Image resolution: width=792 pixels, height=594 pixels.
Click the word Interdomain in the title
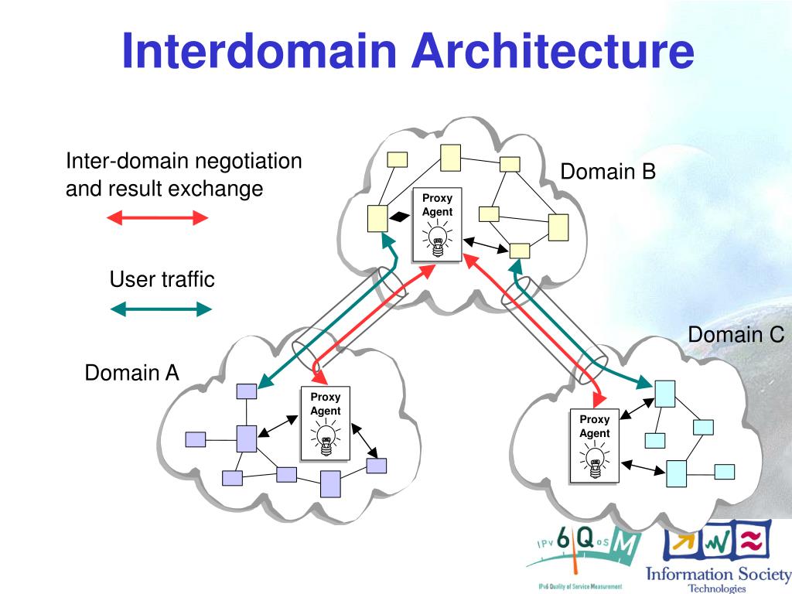[x=259, y=50]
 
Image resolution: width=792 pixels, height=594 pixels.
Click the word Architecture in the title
[x=553, y=50]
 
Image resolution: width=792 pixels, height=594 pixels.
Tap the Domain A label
[x=131, y=373]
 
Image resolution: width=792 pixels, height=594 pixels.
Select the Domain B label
[x=608, y=172]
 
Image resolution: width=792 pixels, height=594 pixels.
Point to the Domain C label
[x=736, y=334]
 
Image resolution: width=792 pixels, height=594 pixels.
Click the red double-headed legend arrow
[x=158, y=218]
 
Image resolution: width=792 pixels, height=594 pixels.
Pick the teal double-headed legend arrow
[x=161, y=309]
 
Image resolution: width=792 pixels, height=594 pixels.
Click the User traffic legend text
[x=162, y=279]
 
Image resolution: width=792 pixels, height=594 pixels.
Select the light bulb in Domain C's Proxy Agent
[x=595, y=461]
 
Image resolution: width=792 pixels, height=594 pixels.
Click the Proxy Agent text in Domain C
[x=595, y=426]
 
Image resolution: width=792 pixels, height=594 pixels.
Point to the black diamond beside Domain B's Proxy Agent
[x=400, y=217]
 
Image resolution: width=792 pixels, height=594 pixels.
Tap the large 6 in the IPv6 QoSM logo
[x=563, y=538]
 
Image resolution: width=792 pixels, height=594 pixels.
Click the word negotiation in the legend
[x=248, y=161]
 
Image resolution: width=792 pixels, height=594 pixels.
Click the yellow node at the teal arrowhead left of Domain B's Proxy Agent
[x=377, y=219]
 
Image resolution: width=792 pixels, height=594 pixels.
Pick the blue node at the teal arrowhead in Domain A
[x=247, y=391]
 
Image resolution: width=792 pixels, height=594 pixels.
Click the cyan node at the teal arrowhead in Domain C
[x=664, y=394]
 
